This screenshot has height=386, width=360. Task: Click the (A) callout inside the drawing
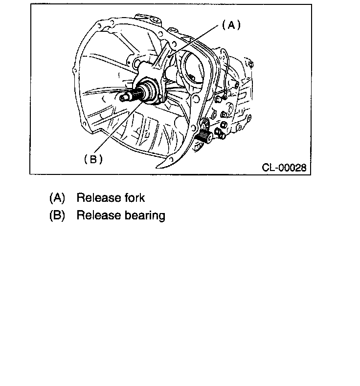click(x=231, y=25)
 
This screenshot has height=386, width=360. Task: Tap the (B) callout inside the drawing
click(x=93, y=159)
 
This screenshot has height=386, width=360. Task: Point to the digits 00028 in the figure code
click(x=292, y=168)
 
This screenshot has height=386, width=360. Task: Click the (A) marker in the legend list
click(x=57, y=198)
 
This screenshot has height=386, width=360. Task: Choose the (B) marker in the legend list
click(x=57, y=215)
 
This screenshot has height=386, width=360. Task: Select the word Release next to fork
click(x=98, y=198)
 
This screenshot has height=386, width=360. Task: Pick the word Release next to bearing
click(x=98, y=215)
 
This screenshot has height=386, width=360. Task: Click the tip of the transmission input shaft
click(x=123, y=98)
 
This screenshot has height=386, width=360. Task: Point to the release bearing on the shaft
click(x=149, y=91)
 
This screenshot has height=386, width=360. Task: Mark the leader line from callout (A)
click(x=196, y=42)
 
